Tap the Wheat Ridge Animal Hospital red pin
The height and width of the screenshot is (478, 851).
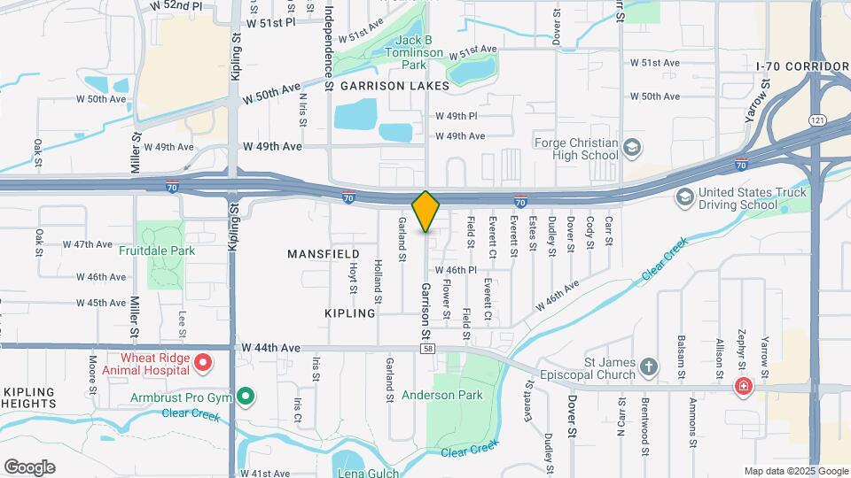[x=203, y=362]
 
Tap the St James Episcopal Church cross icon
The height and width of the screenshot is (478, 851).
[x=649, y=366]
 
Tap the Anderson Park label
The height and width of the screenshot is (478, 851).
[x=442, y=395]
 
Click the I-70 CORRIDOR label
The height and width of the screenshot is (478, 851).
[x=802, y=66]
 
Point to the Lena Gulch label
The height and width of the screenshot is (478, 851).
[x=365, y=472]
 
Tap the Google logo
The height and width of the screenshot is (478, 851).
[x=29, y=466]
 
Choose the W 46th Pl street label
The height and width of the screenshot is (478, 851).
[x=457, y=270]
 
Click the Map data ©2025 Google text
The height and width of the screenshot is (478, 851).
[x=795, y=471]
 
